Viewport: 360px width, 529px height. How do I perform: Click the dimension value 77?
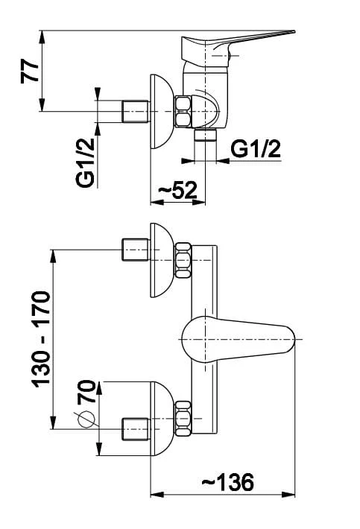tap(30, 72)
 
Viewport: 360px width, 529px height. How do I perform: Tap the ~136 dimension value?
tap(228, 482)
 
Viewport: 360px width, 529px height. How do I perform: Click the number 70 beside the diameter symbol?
tap(86, 392)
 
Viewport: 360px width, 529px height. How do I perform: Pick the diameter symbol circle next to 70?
tap(86, 419)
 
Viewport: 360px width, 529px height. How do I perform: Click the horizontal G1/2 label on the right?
tap(256, 149)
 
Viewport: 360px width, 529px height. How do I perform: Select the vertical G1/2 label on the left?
tap(86, 163)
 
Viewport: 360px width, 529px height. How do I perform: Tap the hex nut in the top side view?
tap(183, 112)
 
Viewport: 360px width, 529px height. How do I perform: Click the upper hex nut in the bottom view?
tap(183, 260)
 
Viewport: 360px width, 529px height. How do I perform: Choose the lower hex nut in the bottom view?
tap(183, 418)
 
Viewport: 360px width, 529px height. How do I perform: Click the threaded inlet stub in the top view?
tap(136, 111)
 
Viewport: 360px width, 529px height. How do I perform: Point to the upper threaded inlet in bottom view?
tap(135, 250)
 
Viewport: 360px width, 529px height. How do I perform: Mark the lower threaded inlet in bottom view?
tap(135, 429)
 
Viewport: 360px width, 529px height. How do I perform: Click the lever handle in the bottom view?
tap(238, 339)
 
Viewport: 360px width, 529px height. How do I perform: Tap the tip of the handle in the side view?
tap(294, 32)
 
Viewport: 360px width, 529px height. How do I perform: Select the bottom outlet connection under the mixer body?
tap(205, 133)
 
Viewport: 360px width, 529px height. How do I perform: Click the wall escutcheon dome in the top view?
tap(161, 111)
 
